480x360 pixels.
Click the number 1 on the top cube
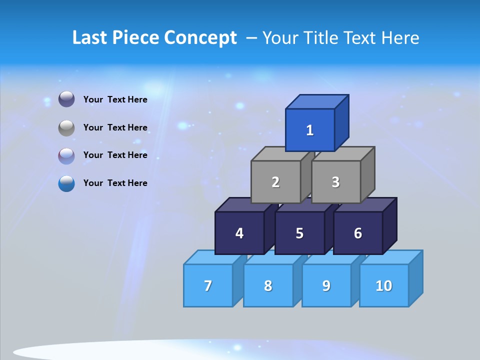point(310,130)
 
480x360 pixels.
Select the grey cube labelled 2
point(275,182)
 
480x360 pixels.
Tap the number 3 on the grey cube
point(335,182)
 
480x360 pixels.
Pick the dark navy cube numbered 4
point(239,233)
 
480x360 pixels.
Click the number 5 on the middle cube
point(299,233)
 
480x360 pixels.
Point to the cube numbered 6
point(358,233)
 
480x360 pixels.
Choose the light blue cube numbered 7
point(208,285)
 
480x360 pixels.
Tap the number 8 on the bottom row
point(268,285)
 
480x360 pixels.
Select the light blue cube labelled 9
point(326,285)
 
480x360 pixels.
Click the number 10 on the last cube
point(384,285)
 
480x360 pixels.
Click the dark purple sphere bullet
point(66,99)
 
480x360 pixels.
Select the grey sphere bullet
point(66,128)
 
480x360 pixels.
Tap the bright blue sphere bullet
point(66,183)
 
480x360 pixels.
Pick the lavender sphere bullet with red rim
point(66,156)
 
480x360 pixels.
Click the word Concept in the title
point(200,38)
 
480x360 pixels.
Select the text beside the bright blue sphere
point(115,183)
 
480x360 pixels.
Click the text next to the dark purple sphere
point(115,99)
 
